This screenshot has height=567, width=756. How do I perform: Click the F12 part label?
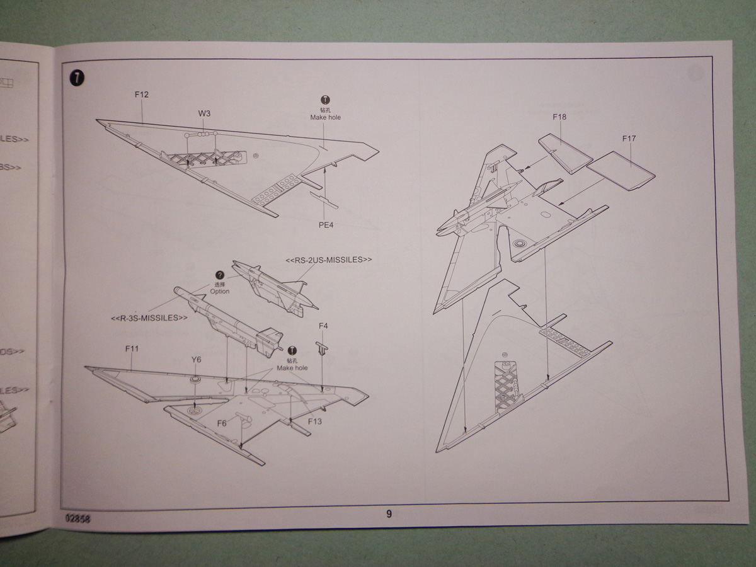pyautogui.click(x=141, y=95)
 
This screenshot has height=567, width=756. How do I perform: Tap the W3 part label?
pyautogui.click(x=204, y=114)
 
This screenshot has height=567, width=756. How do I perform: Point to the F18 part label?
pyautogui.click(x=559, y=117)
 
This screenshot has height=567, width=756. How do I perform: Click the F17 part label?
pyautogui.click(x=629, y=138)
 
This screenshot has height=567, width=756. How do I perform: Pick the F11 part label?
pyautogui.click(x=132, y=348)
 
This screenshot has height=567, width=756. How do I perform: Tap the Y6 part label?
pyautogui.click(x=196, y=360)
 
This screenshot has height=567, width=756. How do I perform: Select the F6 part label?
pyautogui.click(x=222, y=423)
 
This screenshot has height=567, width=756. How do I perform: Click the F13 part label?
pyautogui.click(x=315, y=421)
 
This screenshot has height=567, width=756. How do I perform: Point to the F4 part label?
pyautogui.click(x=323, y=326)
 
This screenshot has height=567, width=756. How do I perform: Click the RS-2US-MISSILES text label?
pyautogui.click(x=329, y=260)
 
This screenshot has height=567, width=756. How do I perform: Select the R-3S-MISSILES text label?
pyautogui.click(x=149, y=318)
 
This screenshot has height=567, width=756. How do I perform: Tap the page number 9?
pyautogui.click(x=389, y=514)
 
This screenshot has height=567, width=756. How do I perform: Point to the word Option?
pyautogui.click(x=220, y=291)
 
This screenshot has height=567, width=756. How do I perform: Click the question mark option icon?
pyautogui.click(x=220, y=275)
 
